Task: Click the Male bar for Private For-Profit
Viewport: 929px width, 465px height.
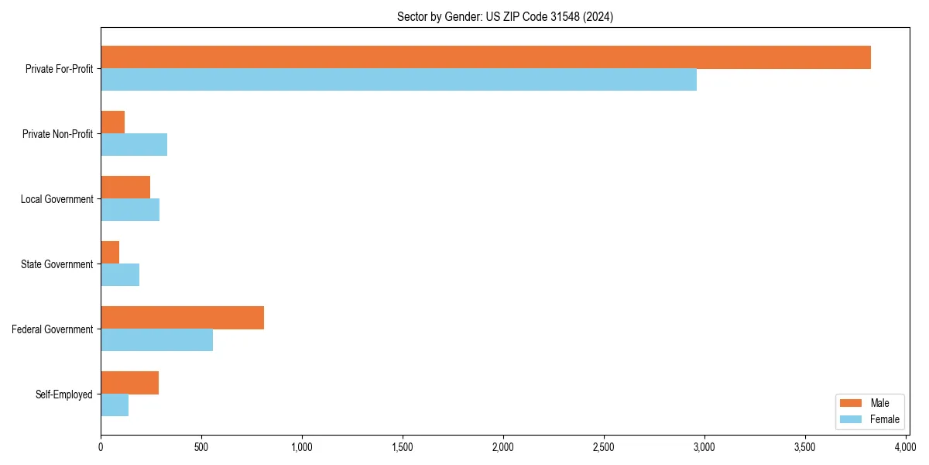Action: point(485,57)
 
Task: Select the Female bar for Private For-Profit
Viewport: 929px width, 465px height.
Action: point(399,80)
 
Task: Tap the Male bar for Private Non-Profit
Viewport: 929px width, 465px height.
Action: point(113,122)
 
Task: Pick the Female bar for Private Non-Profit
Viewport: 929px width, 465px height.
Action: point(134,145)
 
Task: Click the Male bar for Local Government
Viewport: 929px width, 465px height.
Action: point(125,188)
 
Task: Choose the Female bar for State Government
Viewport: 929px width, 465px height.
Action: point(120,275)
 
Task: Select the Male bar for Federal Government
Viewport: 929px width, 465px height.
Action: point(182,318)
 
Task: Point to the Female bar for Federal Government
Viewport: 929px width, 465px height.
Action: point(156,340)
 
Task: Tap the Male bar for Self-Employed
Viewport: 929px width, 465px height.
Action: point(129,383)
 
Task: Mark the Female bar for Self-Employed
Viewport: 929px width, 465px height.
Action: point(115,405)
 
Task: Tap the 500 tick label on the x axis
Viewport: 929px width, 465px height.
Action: point(201,447)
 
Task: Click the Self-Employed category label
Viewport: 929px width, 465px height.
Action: point(64,394)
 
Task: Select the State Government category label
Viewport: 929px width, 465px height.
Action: point(57,264)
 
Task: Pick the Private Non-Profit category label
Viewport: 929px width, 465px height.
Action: point(57,134)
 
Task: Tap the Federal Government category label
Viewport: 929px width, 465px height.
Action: point(53,329)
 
